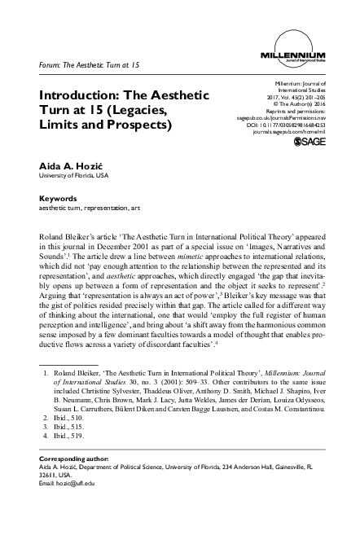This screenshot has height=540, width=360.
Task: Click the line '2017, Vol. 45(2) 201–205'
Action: [x=292, y=94]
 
